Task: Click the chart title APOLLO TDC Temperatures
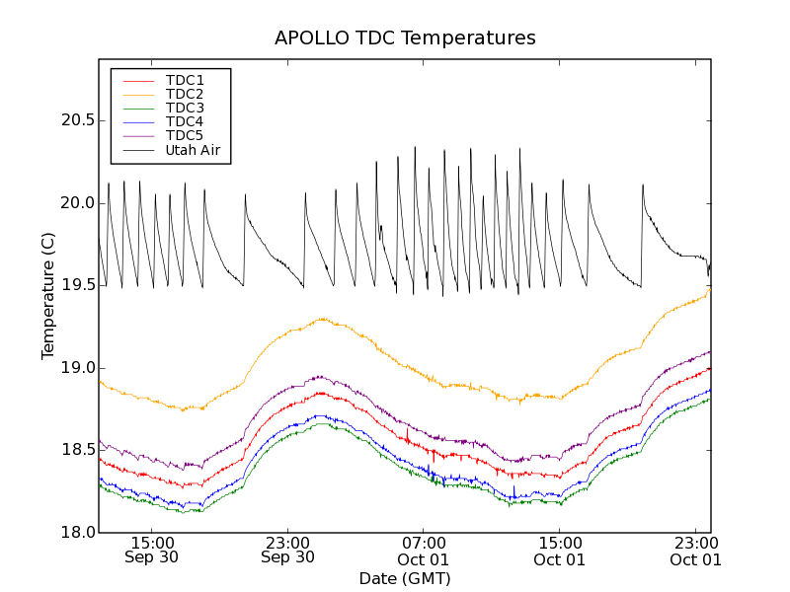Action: point(405,38)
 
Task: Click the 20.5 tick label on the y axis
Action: point(75,120)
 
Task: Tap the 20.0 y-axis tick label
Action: point(75,203)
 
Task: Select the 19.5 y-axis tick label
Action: point(75,285)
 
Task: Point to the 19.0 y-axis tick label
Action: point(75,368)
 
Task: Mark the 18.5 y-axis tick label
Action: point(75,450)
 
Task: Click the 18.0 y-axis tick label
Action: point(75,533)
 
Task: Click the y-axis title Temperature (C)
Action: point(48,296)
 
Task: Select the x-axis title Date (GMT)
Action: point(405,578)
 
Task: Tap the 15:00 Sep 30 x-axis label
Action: point(152,551)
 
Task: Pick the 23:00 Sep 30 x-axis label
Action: point(288,551)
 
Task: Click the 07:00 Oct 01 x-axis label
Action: point(424,551)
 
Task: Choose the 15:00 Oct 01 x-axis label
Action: point(560,551)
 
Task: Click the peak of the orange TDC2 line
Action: point(708,288)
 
